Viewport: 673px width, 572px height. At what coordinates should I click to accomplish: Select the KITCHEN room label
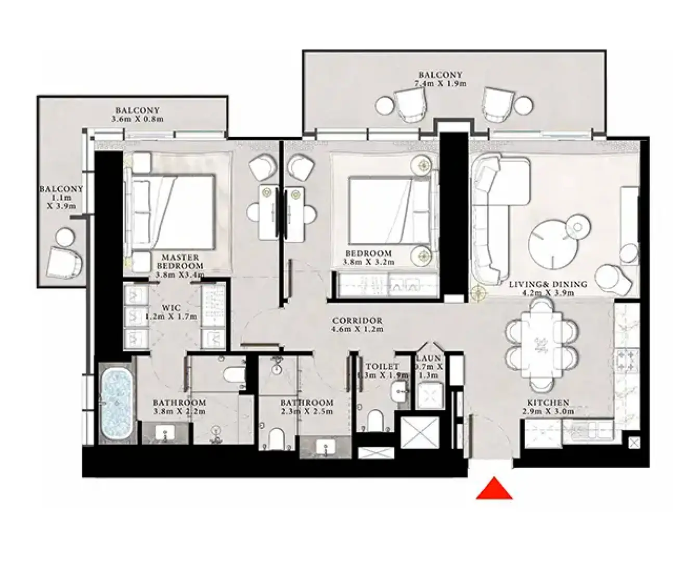coord(548,402)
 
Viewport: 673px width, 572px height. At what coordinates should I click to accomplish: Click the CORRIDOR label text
coord(357,321)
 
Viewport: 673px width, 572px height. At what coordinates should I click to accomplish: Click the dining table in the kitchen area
coord(542,345)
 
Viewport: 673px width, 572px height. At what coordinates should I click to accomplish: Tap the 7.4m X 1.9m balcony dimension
coord(440,83)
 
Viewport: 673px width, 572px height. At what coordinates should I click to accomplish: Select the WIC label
coord(171,307)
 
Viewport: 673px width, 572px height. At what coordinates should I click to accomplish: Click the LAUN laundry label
coord(429,358)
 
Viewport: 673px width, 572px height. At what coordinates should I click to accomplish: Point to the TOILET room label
coord(382,367)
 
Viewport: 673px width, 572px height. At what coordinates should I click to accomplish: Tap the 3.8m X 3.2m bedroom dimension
coord(368,262)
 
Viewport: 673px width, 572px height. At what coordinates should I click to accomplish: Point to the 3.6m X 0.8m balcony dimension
coord(137,119)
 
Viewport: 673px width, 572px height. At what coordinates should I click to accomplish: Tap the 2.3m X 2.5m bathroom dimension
coord(307,411)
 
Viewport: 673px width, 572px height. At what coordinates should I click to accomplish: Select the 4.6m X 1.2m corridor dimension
coord(357,329)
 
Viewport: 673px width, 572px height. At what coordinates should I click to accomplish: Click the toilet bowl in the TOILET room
coord(375,420)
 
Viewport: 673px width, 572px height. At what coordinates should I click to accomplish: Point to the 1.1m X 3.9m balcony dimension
coord(61,202)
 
